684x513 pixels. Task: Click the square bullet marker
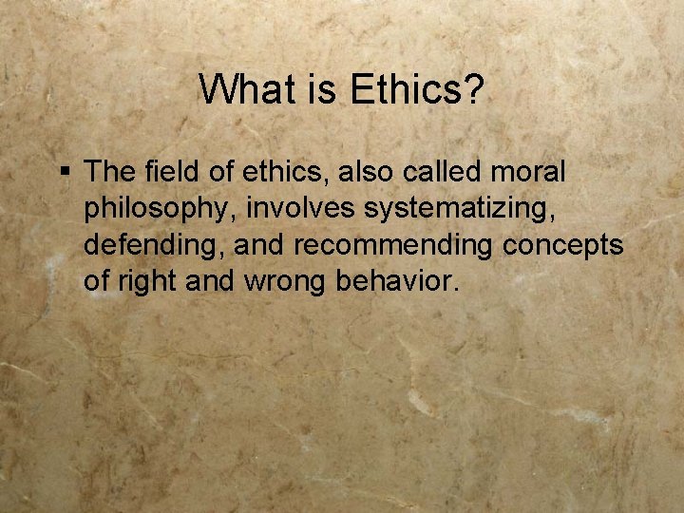point(65,172)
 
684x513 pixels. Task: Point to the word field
point(172,172)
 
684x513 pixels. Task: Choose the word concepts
point(562,245)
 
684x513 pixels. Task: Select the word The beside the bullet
point(110,172)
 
